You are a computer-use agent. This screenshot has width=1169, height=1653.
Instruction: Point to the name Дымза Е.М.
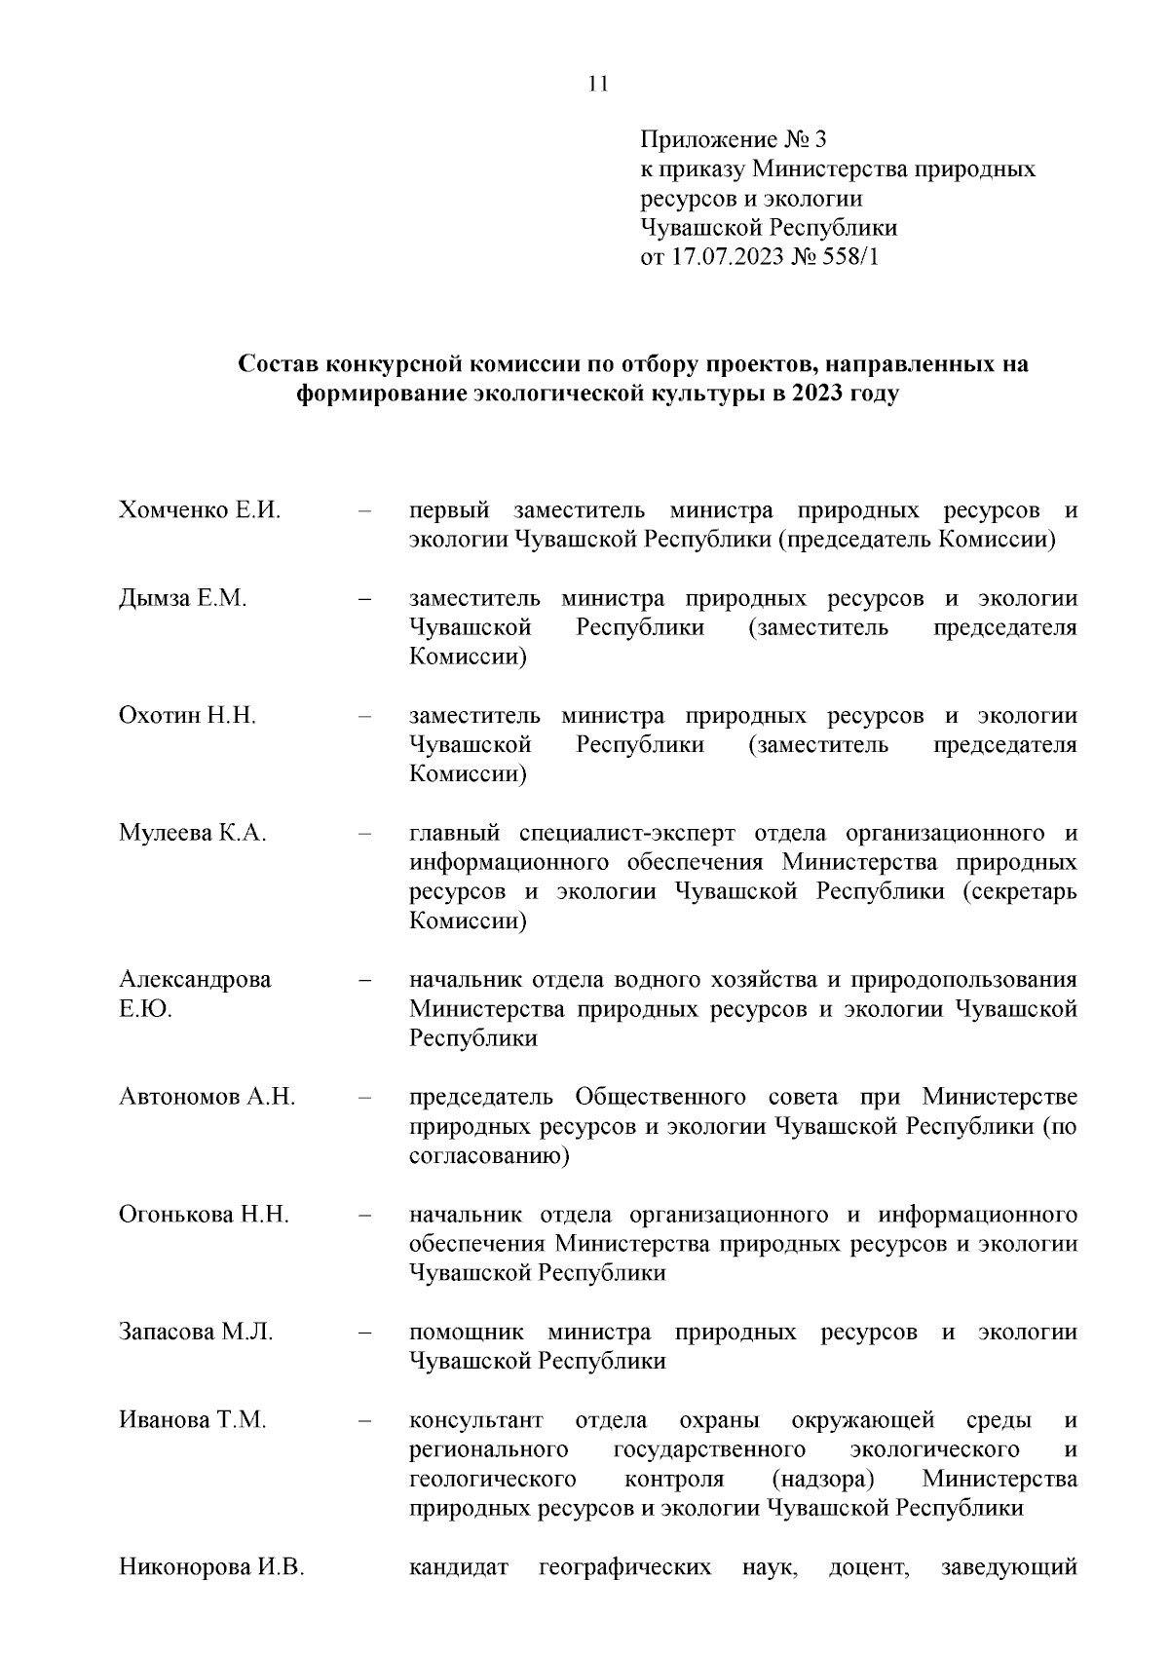(x=183, y=599)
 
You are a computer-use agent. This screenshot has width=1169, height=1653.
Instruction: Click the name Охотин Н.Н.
(x=188, y=716)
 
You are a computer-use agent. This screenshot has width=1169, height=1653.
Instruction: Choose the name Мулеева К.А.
(x=193, y=834)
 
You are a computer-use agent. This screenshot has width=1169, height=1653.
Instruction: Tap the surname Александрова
(x=195, y=980)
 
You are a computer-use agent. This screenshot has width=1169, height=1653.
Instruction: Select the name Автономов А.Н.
(x=207, y=1098)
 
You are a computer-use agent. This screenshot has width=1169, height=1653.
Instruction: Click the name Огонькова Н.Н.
(x=205, y=1215)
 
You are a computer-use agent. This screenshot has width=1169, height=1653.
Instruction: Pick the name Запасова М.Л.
(x=196, y=1333)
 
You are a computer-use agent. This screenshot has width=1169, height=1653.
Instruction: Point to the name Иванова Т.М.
(x=193, y=1420)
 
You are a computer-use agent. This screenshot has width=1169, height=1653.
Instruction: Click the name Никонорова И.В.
(x=212, y=1568)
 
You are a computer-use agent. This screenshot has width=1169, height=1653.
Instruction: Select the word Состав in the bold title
(x=278, y=365)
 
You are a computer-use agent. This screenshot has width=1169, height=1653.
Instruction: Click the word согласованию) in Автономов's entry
(x=489, y=1156)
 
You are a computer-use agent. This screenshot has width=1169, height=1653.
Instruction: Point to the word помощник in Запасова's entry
(x=467, y=1333)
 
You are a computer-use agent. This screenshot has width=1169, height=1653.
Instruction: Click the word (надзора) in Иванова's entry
(x=823, y=1479)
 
